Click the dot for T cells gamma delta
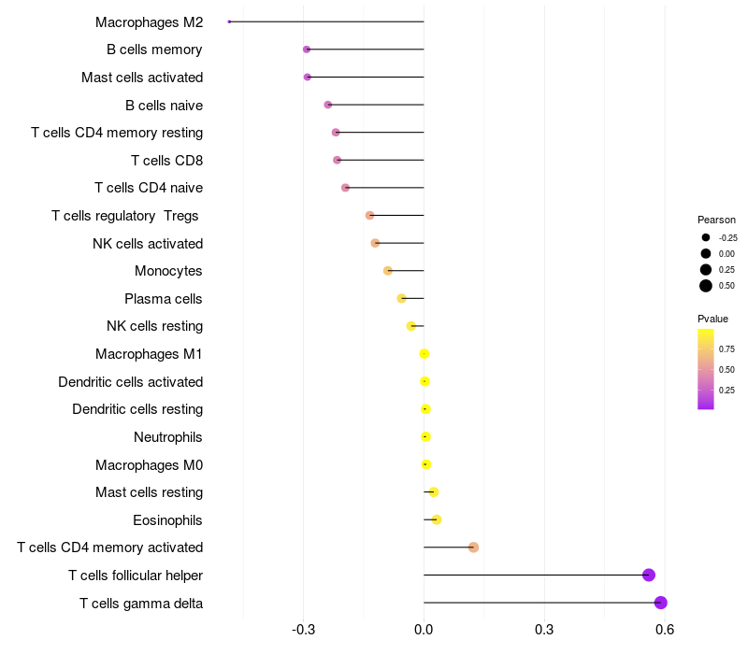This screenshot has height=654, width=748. tap(660, 603)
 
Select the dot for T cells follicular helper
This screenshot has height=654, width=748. tap(649, 576)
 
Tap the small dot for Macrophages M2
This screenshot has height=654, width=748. tap(229, 21)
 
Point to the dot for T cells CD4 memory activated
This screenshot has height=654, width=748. tap(473, 547)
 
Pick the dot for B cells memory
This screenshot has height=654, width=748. tap(307, 50)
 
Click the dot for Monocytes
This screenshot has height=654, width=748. tap(388, 271)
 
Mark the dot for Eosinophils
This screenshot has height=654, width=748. tap(437, 519)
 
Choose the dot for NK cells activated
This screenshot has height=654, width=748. tap(375, 243)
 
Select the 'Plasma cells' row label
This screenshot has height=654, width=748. tap(164, 299)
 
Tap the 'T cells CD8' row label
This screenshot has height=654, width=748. tap(166, 161)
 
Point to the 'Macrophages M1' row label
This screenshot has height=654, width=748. tap(149, 354)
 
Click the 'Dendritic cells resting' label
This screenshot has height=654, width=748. tap(137, 409)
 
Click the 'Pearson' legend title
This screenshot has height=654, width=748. tap(716, 220)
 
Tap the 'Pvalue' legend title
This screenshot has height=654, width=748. tap(712, 319)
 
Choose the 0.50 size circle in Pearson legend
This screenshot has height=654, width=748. tap(706, 286)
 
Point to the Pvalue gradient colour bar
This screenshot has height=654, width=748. tap(706, 368)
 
